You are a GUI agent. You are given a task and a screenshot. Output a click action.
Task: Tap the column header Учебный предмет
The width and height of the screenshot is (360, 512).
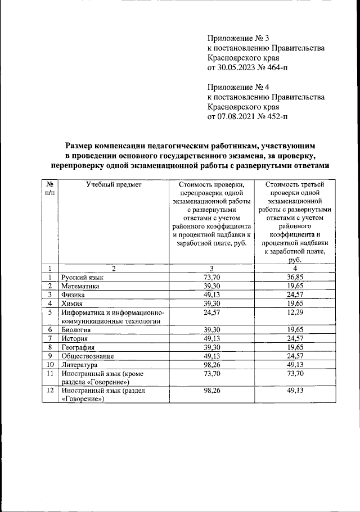coord(114,184)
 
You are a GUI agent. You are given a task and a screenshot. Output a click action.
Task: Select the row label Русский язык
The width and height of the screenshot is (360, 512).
coord(83,277)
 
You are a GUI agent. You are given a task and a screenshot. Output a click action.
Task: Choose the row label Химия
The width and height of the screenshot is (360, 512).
coord(74,303)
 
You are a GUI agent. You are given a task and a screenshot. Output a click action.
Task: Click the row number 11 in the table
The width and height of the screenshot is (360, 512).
coord(50,373)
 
